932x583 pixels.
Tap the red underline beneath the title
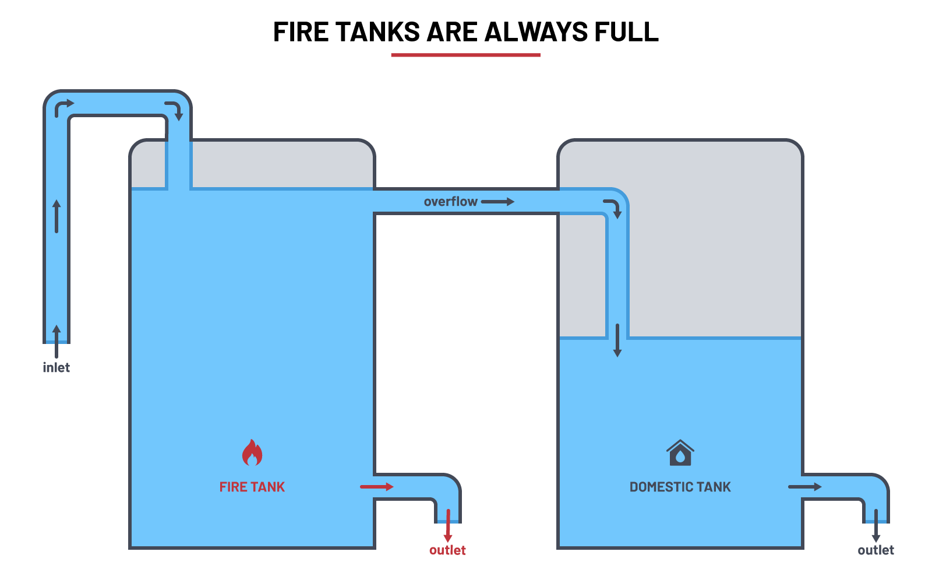coord(465,55)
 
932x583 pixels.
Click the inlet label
coord(57,368)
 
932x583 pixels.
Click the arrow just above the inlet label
coord(57,341)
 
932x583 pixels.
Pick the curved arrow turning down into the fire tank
coord(174,110)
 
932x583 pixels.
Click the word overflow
coord(450,202)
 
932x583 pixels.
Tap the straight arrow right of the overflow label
coord(497,202)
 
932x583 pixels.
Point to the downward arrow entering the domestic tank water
coord(617,340)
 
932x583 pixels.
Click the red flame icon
coord(252,452)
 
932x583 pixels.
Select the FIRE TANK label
coord(252,487)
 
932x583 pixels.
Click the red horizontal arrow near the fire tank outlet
coord(376,487)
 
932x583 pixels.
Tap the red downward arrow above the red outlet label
coord(448,525)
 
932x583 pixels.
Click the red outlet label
coord(447,550)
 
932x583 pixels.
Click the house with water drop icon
coord(680,453)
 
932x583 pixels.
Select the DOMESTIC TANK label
coord(680,487)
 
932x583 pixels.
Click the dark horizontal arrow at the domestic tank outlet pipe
coord(804,487)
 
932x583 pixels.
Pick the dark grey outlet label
coord(875,550)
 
